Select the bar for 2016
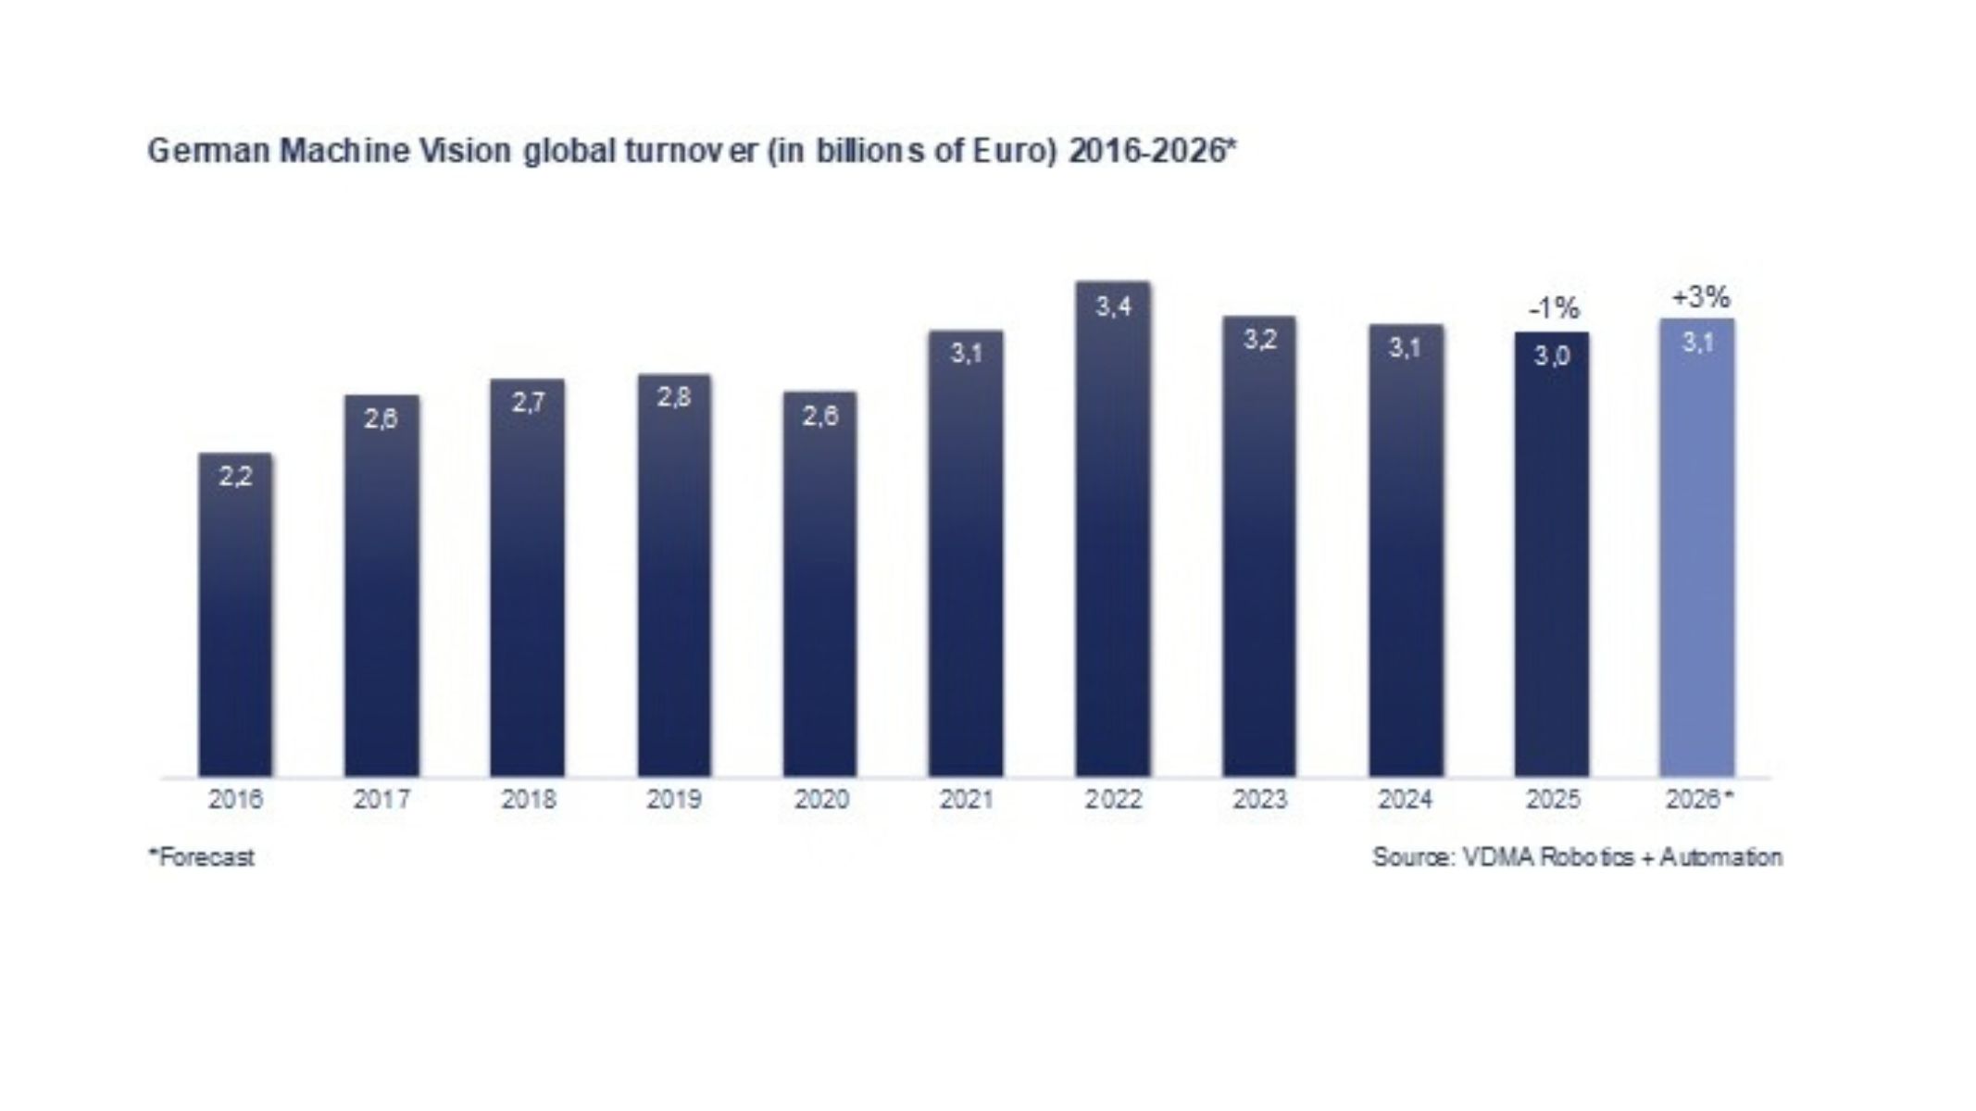(x=235, y=615)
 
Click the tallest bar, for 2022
(x=1113, y=529)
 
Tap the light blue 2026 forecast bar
(x=1697, y=547)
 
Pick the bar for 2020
(x=820, y=584)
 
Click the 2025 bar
(x=1552, y=555)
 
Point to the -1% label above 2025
(x=1554, y=308)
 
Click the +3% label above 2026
(x=1700, y=297)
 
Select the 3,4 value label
(x=1113, y=306)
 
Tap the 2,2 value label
(x=235, y=477)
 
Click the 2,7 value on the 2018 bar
(x=528, y=403)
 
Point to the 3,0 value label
(x=1552, y=356)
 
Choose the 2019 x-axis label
(x=674, y=799)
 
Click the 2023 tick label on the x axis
(x=1259, y=799)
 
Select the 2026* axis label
(x=1699, y=799)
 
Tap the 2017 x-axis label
(x=381, y=799)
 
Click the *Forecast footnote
(x=201, y=857)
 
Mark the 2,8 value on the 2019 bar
(x=674, y=397)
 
